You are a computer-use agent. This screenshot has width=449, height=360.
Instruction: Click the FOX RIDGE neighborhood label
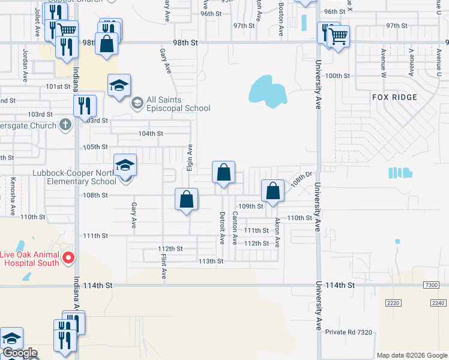point(393,97)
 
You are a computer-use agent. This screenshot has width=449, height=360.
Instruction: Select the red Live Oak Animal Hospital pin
point(68,259)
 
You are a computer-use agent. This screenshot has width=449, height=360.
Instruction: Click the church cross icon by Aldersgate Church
point(66,125)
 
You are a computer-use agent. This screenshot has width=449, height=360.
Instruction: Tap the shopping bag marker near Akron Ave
point(273,191)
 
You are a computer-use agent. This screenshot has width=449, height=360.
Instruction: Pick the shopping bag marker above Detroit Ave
point(223,173)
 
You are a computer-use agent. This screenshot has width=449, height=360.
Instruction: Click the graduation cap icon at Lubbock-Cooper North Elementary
point(125,164)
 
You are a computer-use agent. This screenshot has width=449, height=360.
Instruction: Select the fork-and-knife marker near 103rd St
point(85,106)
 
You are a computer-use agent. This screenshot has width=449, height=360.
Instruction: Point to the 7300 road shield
point(431,285)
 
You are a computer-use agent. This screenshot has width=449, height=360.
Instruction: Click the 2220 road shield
point(393,304)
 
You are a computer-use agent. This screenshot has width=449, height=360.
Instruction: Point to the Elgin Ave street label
point(189,157)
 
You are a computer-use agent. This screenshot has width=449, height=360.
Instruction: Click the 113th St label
point(211,261)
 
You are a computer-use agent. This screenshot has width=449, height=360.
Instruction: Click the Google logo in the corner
point(19,353)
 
